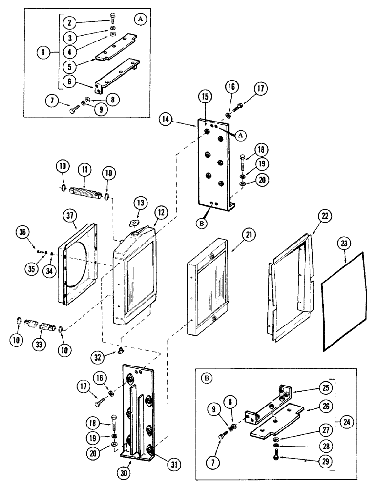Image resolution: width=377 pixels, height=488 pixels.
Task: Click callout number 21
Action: tap(249, 237)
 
